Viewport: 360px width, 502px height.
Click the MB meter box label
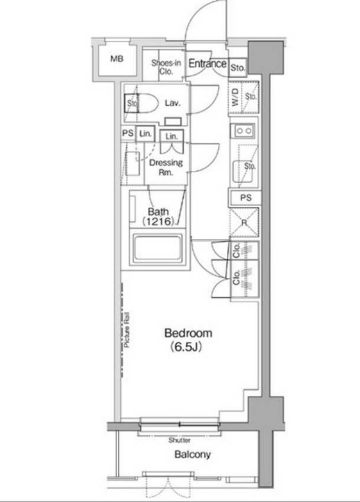click(x=117, y=59)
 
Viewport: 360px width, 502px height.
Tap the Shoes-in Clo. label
click(x=166, y=67)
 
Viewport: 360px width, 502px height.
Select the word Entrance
click(x=208, y=63)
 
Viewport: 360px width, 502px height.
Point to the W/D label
click(x=234, y=97)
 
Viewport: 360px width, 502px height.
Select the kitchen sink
click(x=244, y=172)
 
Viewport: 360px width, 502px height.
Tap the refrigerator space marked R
click(x=244, y=223)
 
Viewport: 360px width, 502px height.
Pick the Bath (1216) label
click(x=158, y=216)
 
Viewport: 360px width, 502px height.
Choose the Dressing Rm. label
click(x=166, y=167)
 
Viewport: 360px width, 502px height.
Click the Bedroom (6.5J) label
click(x=188, y=339)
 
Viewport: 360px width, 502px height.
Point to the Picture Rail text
click(x=127, y=330)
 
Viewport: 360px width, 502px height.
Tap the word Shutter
click(x=179, y=441)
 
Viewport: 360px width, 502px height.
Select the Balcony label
click(x=192, y=455)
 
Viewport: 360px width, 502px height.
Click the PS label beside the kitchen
click(x=246, y=198)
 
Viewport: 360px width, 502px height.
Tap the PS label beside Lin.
click(x=128, y=133)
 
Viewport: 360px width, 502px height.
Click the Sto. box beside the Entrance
click(x=238, y=68)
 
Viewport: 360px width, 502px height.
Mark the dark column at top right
click(x=266, y=58)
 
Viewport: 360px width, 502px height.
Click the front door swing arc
click(x=194, y=16)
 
